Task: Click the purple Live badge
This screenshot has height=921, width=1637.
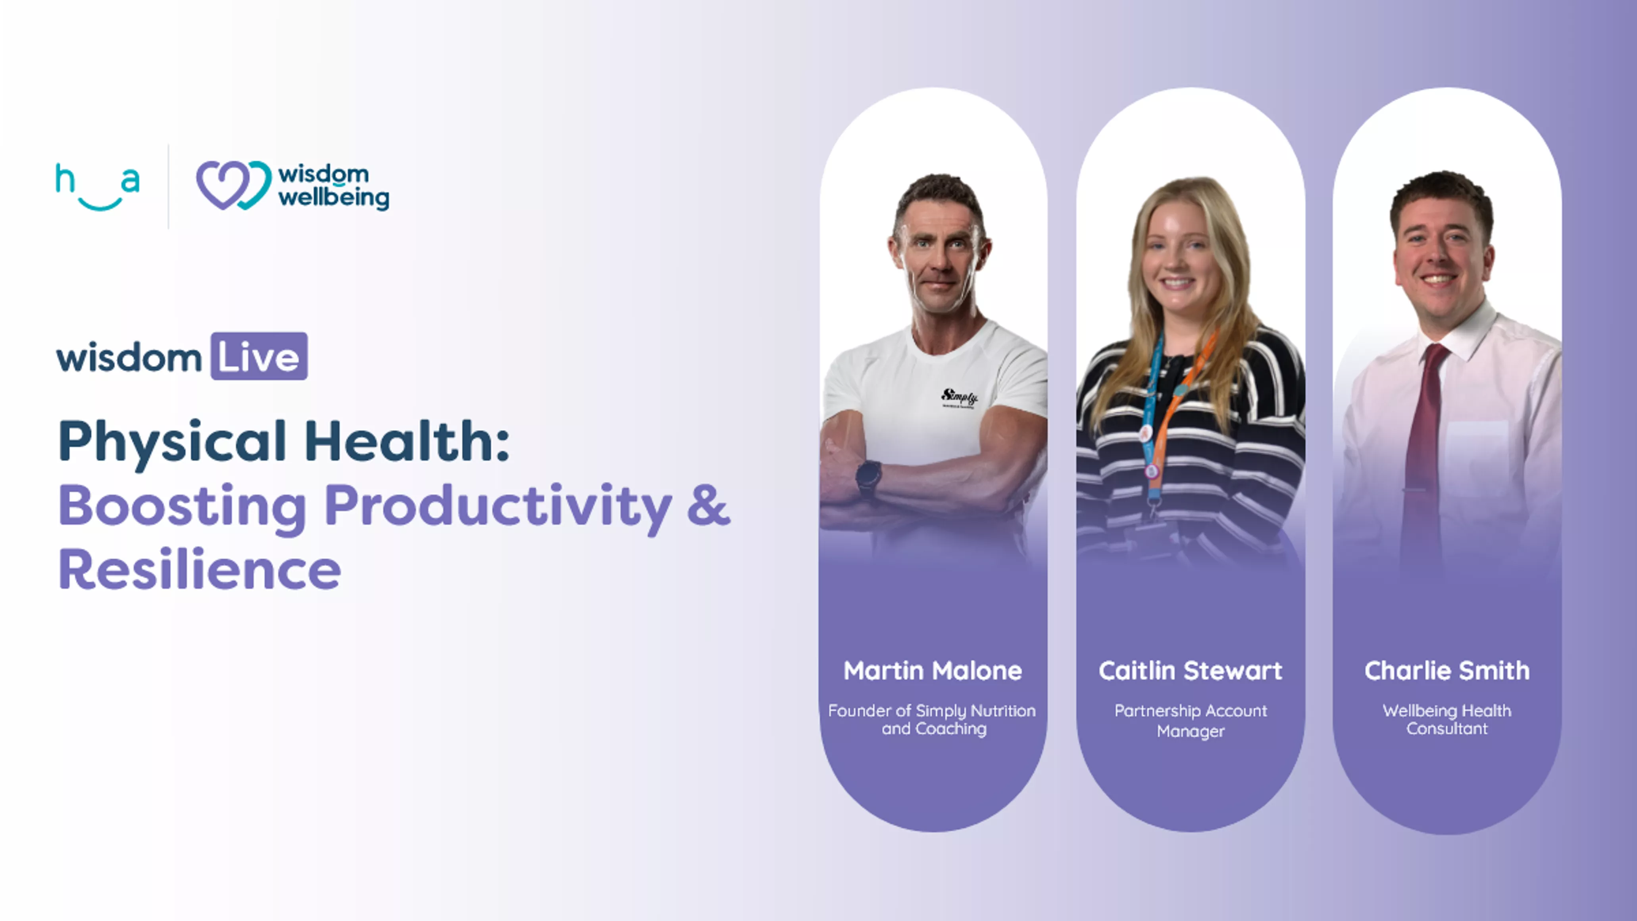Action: (x=259, y=356)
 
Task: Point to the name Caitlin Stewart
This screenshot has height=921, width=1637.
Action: (x=1190, y=671)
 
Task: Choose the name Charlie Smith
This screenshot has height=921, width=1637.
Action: (x=1447, y=671)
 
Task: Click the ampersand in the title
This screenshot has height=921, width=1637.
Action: (x=708, y=505)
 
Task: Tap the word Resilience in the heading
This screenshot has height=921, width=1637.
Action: (x=200, y=569)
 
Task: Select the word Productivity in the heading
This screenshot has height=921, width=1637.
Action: (x=498, y=508)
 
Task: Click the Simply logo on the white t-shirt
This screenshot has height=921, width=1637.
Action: (x=959, y=398)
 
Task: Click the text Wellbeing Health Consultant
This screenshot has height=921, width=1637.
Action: (x=1447, y=719)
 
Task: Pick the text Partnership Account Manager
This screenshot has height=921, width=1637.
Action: (x=1190, y=720)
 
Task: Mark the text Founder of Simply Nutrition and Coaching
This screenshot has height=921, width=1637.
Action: (x=932, y=719)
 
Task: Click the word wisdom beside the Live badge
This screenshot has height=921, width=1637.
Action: (x=129, y=358)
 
